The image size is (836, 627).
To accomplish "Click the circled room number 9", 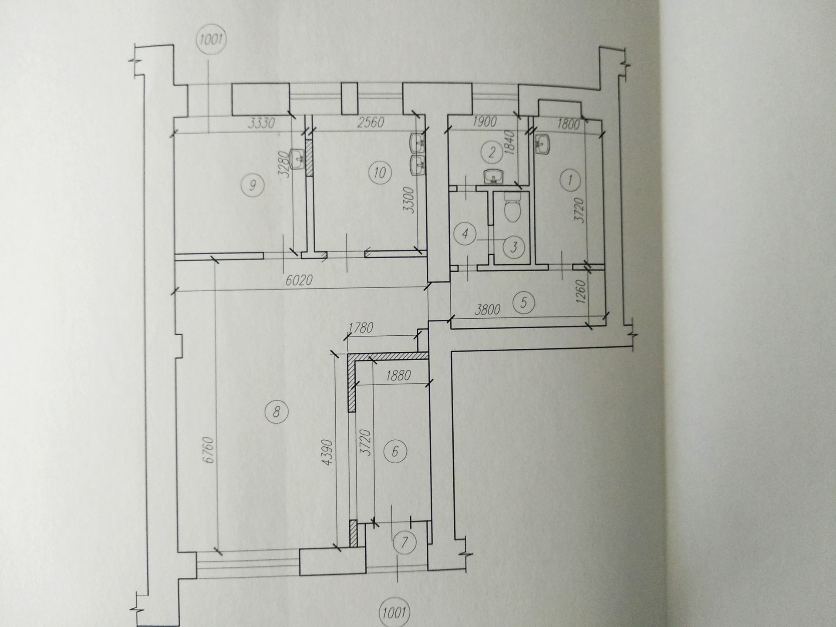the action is click(x=252, y=185).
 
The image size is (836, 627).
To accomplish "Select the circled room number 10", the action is click(x=380, y=173).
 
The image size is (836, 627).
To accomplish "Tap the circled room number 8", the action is click(x=276, y=411).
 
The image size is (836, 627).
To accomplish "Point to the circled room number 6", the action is click(x=395, y=451).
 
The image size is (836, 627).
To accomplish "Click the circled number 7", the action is click(x=405, y=543).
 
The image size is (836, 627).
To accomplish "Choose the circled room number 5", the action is click(x=524, y=302).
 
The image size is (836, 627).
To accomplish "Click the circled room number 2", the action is click(x=492, y=152).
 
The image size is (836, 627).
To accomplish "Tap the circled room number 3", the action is click(x=514, y=247).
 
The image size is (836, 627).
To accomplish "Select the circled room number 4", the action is click(x=465, y=234).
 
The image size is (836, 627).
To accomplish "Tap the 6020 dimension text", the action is click(x=299, y=280).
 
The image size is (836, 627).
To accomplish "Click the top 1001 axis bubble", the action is click(x=211, y=41).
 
